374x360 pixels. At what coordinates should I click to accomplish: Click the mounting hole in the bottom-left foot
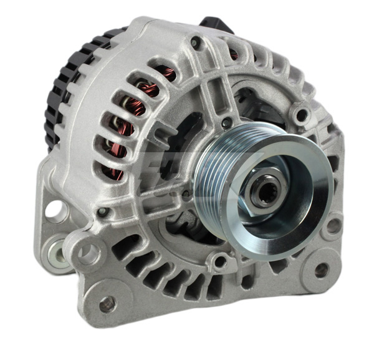coord(107,304)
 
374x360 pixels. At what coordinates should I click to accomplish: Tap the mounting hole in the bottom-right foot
coord(322,270)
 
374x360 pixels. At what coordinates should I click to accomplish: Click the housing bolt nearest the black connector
coord(196,42)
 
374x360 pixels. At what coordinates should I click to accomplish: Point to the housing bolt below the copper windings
coord(102,212)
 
